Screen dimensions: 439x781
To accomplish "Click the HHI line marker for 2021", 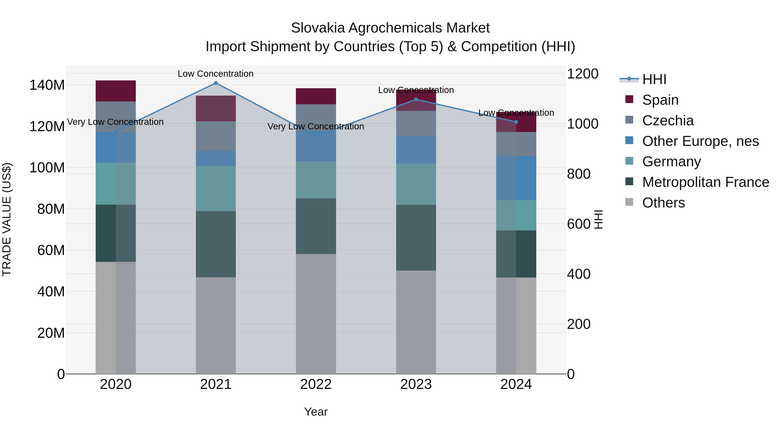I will pyautogui.click(x=216, y=83).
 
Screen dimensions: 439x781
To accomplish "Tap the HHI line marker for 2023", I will pyautogui.click(x=416, y=99).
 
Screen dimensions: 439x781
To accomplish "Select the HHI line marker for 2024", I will pyautogui.click(x=516, y=122).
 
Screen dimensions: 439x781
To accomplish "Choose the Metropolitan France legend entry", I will pyautogui.click(x=705, y=182).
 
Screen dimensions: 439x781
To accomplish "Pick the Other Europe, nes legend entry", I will pyautogui.click(x=700, y=141).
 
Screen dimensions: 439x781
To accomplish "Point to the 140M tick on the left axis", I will pyautogui.click(x=47, y=85).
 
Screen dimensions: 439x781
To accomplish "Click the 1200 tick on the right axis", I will pyautogui.click(x=582, y=74).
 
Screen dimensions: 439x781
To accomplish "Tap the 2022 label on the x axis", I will pyautogui.click(x=316, y=384).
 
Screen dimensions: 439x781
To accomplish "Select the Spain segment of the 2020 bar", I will pyautogui.click(x=115, y=91).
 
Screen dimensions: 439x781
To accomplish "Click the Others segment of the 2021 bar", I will pyautogui.click(x=216, y=325).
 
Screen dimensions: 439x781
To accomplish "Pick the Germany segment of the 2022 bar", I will pyautogui.click(x=316, y=180).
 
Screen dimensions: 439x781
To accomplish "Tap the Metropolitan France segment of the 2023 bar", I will pyautogui.click(x=416, y=238).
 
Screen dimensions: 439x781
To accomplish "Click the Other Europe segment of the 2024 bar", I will pyautogui.click(x=516, y=178).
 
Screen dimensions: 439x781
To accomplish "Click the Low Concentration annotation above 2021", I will pyautogui.click(x=216, y=74).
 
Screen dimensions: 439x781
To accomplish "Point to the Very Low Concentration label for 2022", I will pyautogui.click(x=316, y=126).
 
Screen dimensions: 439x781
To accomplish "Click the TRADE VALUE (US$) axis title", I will pyautogui.click(x=7, y=219).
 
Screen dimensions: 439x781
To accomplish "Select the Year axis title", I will pyautogui.click(x=316, y=412).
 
